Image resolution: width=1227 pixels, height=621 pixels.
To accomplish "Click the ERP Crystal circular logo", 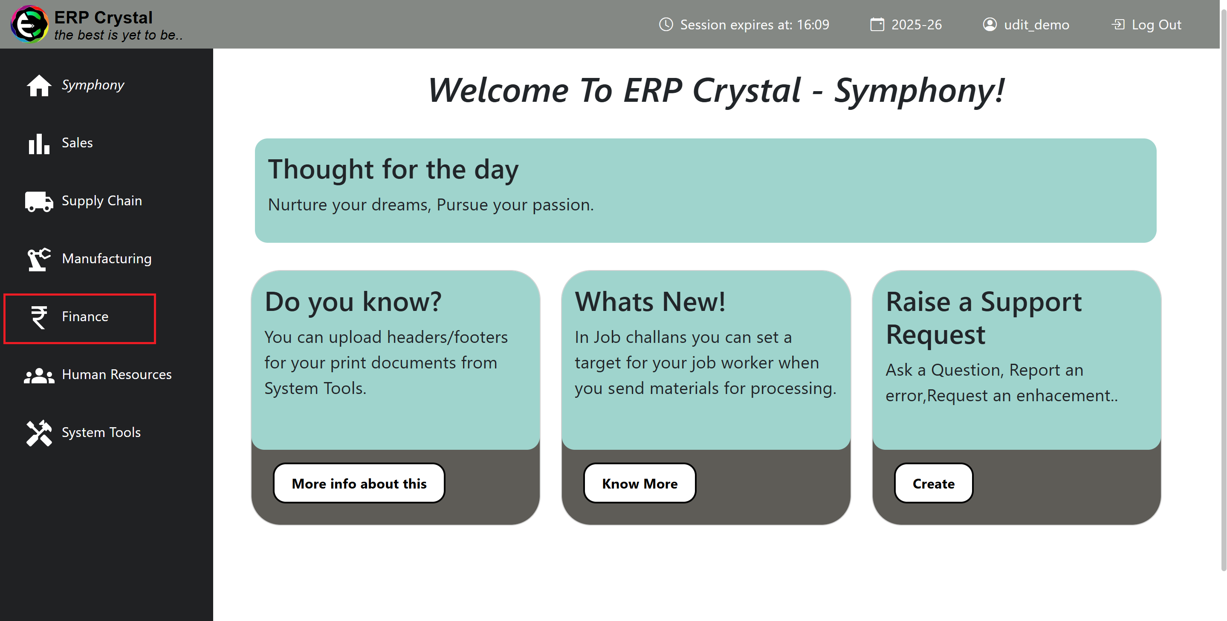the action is [x=29, y=24].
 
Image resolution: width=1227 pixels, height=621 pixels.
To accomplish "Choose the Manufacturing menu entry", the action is [x=89, y=259].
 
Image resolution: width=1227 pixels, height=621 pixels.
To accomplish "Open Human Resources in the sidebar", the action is [x=98, y=375].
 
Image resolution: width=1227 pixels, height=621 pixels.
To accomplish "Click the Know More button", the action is [x=639, y=483].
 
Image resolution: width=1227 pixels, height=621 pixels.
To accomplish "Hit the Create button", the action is [x=933, y=483].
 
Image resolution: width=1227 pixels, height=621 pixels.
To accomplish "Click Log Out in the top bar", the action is [x=1146, y=25].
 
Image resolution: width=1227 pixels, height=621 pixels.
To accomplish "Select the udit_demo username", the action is [x=1036, y=25].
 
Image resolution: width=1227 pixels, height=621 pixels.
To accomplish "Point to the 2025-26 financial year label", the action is [x=916, y=25].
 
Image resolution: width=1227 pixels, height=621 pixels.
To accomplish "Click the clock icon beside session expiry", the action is [x=666, y=24].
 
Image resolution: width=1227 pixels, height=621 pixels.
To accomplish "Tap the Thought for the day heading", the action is [x=393, y=170].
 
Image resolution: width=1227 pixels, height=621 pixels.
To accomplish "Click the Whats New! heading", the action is [x=650, y=302].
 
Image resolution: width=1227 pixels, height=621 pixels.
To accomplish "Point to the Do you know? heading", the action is [x=353, y=302].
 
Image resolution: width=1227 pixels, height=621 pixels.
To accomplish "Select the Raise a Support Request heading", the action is [x=984, y=318].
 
